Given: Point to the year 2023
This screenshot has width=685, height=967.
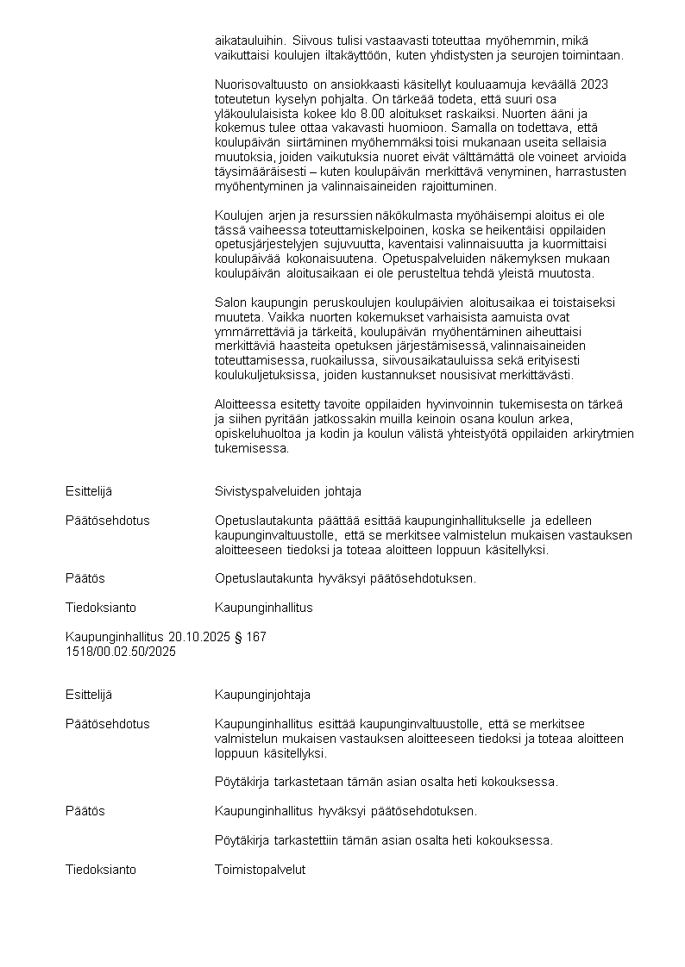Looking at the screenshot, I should point(594,84).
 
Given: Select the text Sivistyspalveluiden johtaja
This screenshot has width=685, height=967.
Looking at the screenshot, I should point(287,491).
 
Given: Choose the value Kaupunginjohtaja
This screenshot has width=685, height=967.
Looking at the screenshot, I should point(262,695).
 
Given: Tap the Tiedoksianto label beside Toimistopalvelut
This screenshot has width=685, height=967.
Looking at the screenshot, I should point(101,870).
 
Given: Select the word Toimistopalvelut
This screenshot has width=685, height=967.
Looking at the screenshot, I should point(260,870).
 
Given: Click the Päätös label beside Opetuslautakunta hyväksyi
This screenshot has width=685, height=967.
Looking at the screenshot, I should point(85,578).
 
